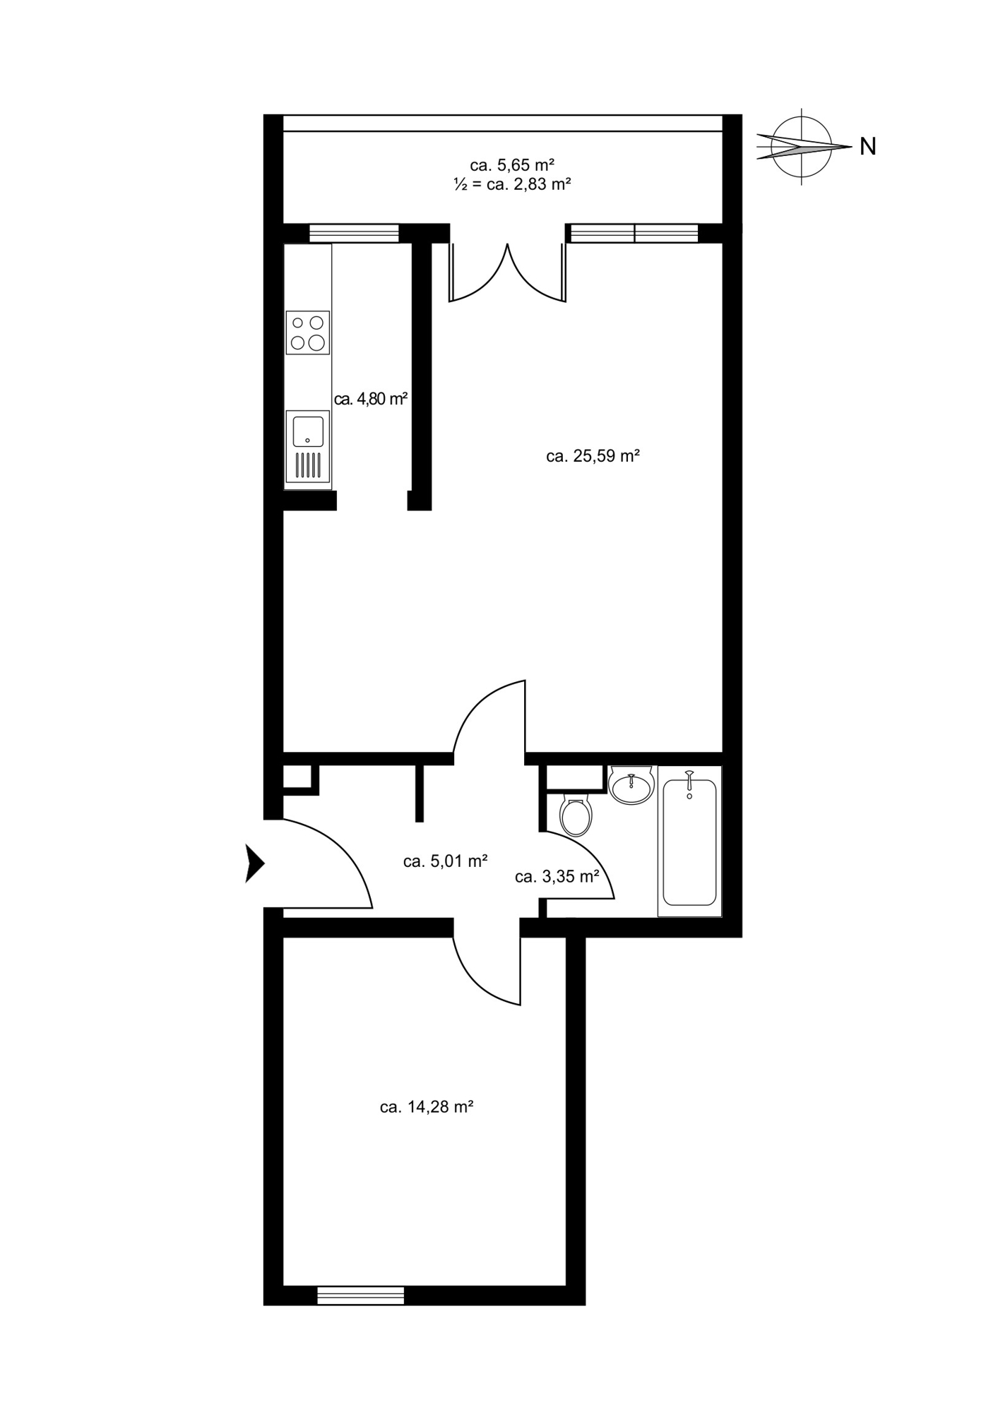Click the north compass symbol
[802, 147]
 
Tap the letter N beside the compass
[868, 147]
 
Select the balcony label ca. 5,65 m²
[512, 165]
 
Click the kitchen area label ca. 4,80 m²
[372, 399]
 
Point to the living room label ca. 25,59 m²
[593, 456]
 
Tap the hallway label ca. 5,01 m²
[446, 861]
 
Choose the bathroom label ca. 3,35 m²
[557, 877]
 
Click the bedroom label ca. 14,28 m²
[427, 1107]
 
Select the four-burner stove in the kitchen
[308, 333]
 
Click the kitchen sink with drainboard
[308, 446]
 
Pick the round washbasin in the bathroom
[632, 785]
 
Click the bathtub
[689, 841]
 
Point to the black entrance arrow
[254, 863]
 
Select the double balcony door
[508, 272]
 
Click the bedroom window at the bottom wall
[361, 1296]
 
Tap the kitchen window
[354, 233]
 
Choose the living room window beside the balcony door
[634, 233]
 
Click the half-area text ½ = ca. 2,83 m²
[512, 185]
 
